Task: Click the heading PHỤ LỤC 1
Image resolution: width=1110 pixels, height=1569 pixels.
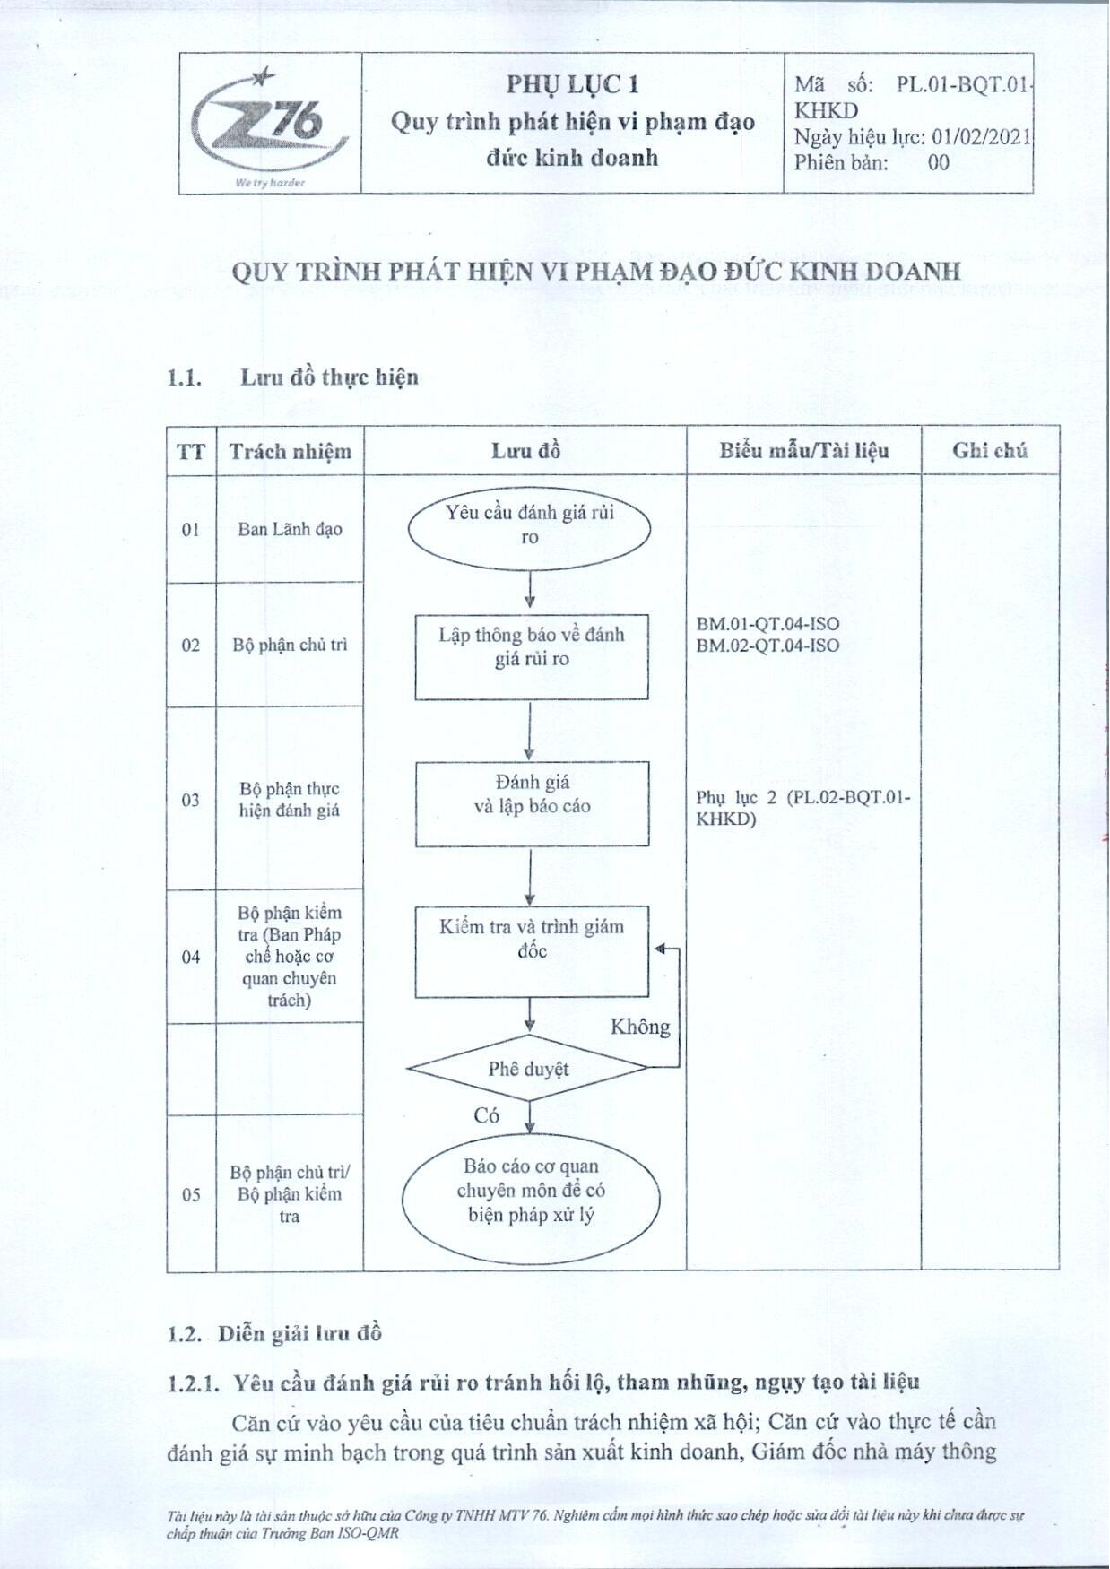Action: click(572, 84)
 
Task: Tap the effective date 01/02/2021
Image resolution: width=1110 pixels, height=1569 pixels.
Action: click(981, 137)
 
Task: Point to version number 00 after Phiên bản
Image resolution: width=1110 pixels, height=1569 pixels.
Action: click(938, 162)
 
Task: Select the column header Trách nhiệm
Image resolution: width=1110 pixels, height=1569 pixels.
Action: click(290, 451)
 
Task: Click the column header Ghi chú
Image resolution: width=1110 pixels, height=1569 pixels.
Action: click(990, 450)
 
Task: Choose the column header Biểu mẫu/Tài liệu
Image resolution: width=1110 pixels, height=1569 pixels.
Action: click(803, 450)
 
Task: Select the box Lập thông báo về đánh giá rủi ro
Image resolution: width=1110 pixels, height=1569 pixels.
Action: click(532, 657)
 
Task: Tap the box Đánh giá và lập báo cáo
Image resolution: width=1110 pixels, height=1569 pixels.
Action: click(532, 804)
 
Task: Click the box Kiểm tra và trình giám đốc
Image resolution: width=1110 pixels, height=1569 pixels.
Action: click(532, 951)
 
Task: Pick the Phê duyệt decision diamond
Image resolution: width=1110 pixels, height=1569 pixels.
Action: click(528, 1068)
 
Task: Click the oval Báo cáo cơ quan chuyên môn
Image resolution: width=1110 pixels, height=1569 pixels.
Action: click(531, 1191)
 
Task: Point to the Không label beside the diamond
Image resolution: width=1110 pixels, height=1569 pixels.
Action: click(640, 1027)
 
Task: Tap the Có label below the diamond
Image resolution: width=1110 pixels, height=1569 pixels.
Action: click(486, 1115)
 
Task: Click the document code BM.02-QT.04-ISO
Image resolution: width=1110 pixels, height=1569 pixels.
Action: click(767, 646)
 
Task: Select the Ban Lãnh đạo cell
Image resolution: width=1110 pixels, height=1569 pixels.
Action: click(290, 529)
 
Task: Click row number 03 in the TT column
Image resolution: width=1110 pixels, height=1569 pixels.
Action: click(191, 800)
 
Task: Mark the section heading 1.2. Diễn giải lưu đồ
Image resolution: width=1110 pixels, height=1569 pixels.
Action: click(274, 1333)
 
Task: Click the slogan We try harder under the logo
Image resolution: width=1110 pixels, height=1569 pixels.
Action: click(270, 183)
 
